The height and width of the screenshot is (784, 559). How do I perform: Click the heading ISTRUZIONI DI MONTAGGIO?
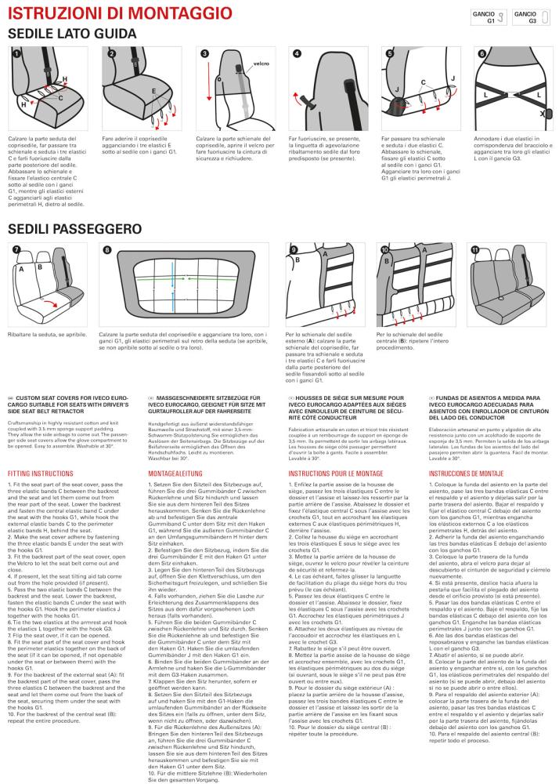tap(120, 13)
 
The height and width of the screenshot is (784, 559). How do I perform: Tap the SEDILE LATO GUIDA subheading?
tap(72, 34)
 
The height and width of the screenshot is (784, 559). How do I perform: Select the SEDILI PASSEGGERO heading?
tap(75, 229)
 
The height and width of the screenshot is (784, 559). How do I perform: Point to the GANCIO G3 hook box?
tap(531, 17)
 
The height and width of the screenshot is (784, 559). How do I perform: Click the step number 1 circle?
tap(16, 53)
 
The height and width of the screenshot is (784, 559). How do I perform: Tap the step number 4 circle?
tap(298, 53)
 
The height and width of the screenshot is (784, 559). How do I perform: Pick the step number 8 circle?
tap(106, 249)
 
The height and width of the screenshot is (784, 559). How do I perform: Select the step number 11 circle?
tap(474, 249)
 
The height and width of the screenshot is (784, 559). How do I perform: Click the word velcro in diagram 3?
tap(261, 64)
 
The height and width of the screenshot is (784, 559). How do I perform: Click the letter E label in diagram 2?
tap(154, 91)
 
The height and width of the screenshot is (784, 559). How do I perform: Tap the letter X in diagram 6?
tap(542, 114)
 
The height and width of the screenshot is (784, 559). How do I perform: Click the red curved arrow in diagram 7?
tap(49, 304)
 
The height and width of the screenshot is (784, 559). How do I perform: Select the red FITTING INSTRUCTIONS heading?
tap(41, 474)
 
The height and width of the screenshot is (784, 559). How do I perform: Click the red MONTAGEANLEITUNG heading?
tap(175, 474)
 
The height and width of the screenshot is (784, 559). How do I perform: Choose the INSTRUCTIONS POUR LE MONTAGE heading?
tap(335, 474)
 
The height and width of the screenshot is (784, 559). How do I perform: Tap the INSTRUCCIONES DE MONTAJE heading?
tap(466, 474)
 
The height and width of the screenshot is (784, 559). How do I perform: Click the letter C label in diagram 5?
tap(424, 82)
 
